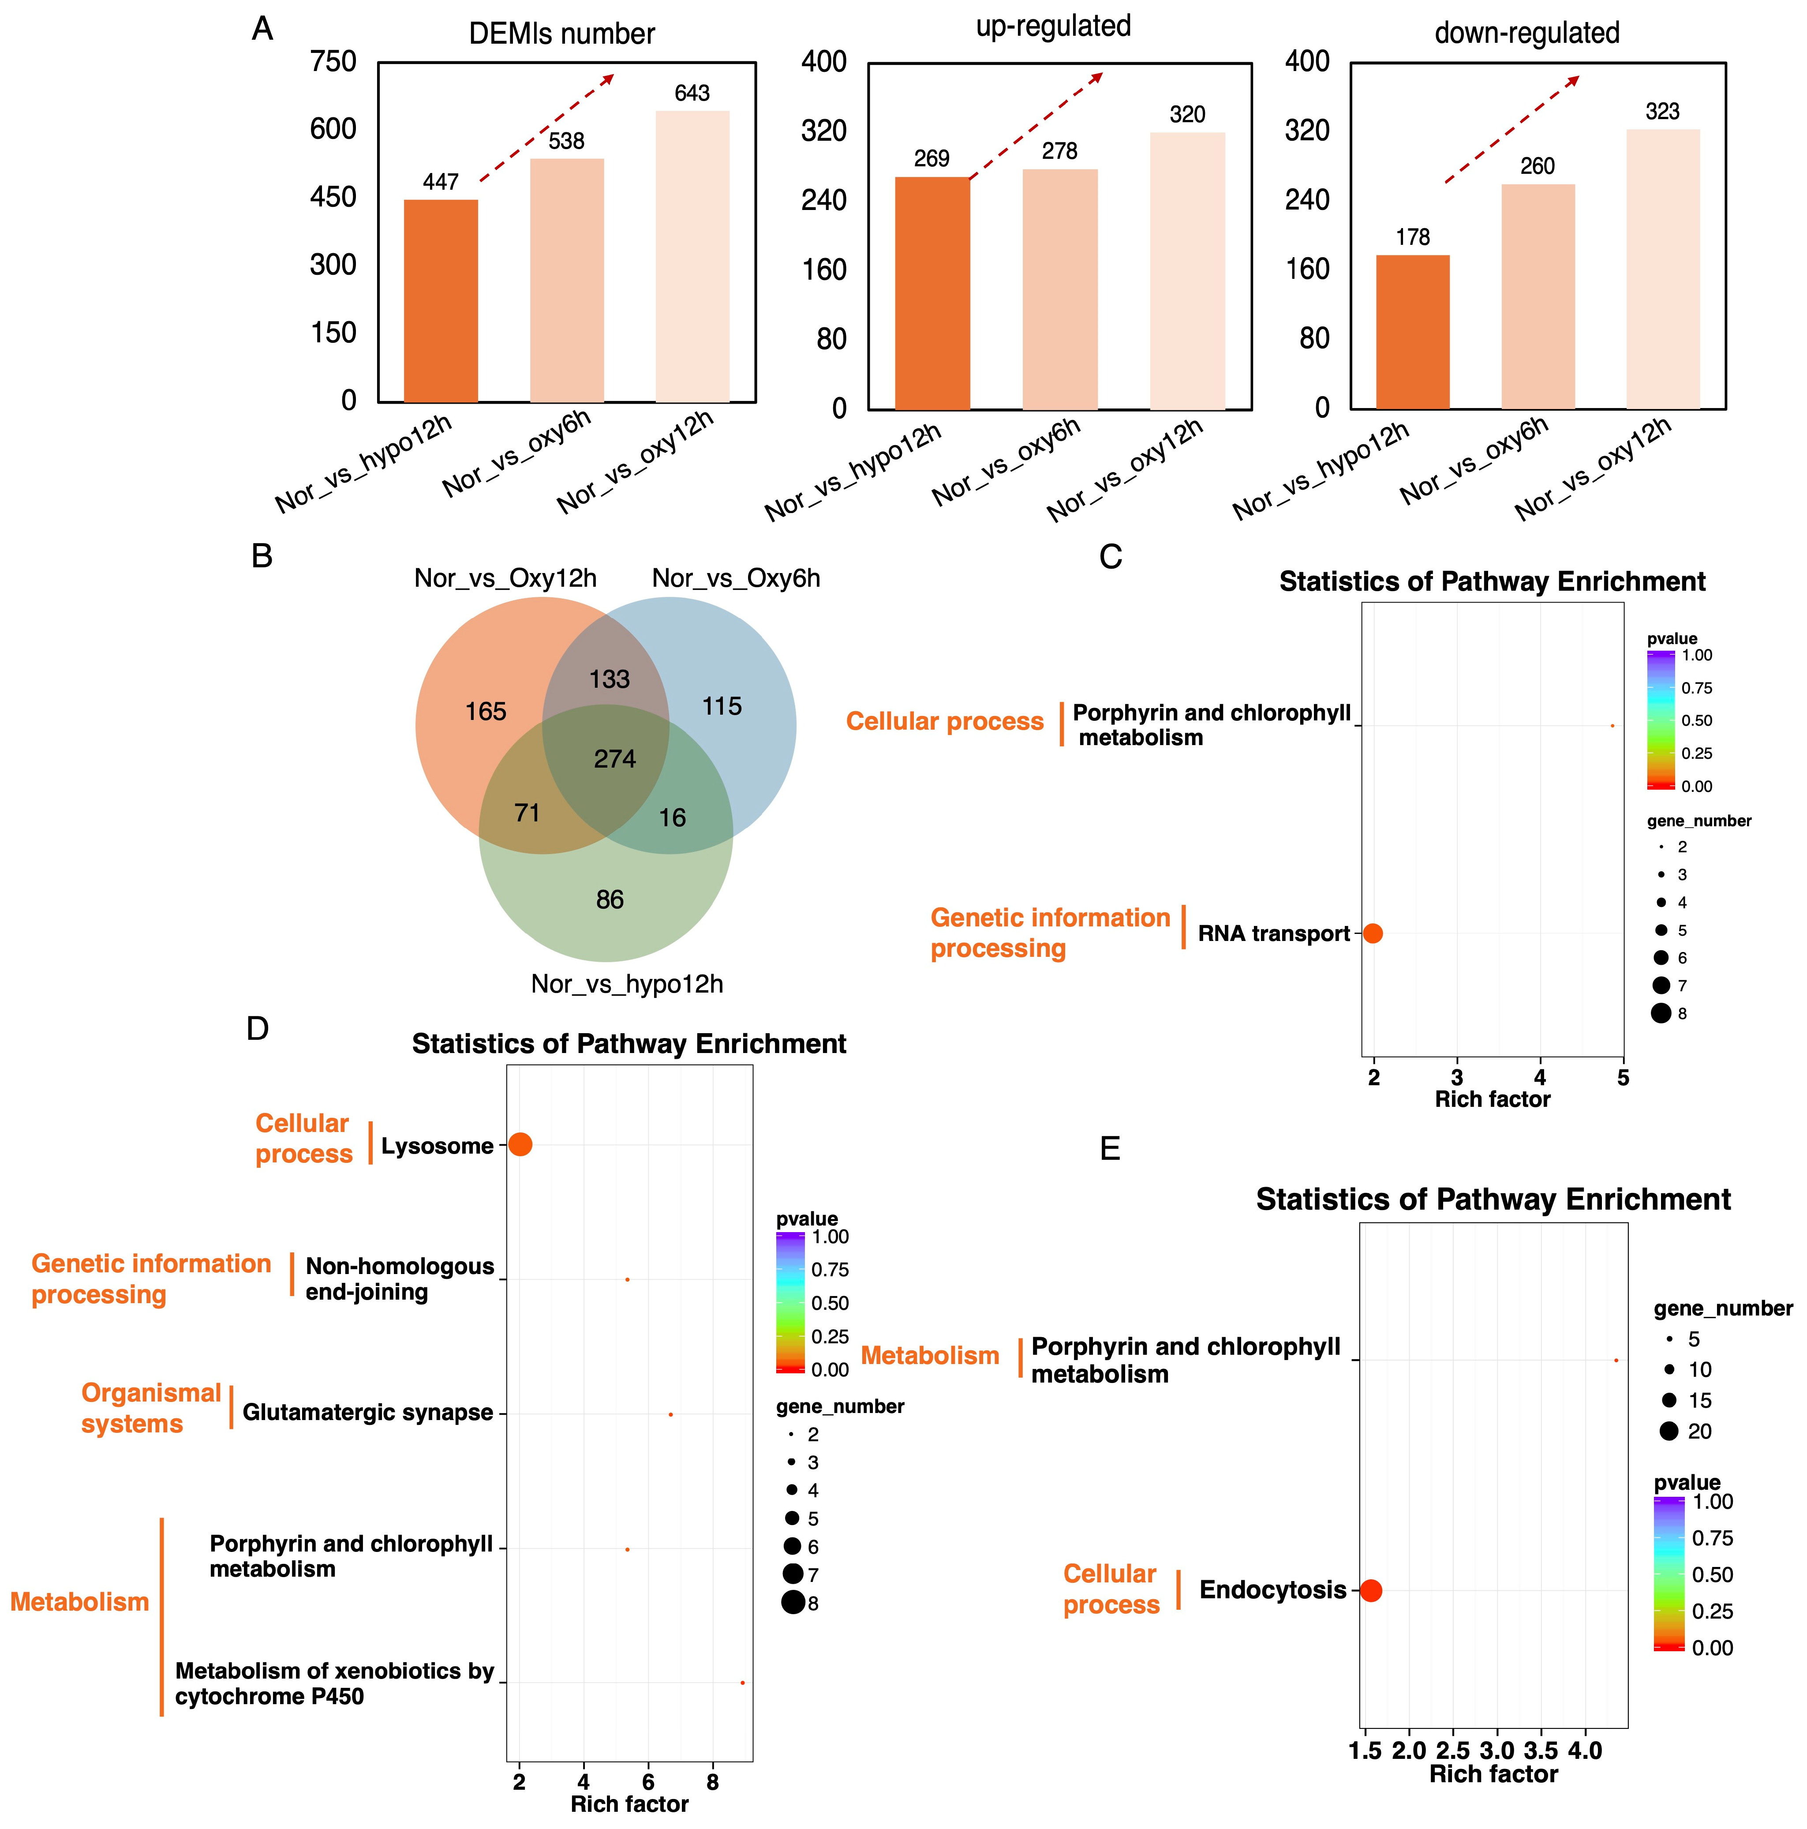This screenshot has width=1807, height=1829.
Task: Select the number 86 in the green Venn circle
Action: click(x=610, y=900)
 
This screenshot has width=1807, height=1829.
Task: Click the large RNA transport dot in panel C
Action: click(x=1373, y=933)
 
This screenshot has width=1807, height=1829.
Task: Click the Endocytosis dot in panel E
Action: click(x=1371, y=1590)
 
